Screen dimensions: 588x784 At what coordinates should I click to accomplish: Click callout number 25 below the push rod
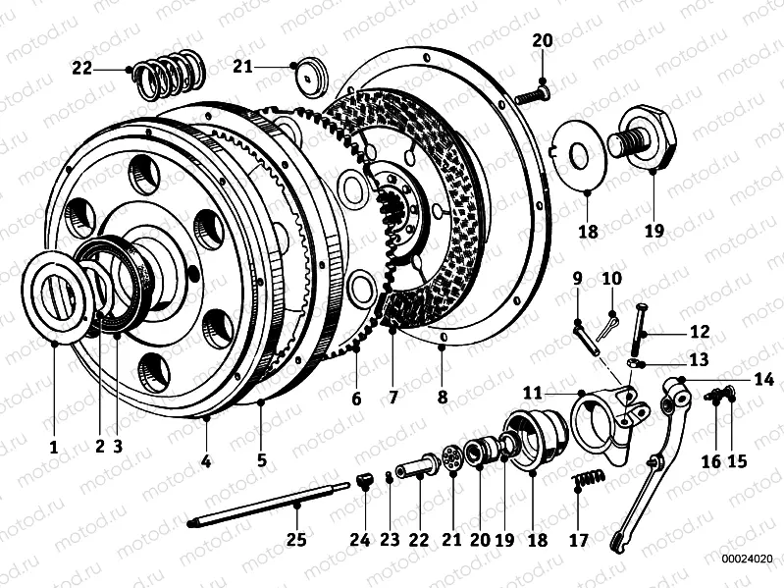pos(296,539)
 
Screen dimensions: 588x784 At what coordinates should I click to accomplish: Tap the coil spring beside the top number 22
pos(170,76)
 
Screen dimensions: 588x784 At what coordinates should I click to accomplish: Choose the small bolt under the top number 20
pos(529,95)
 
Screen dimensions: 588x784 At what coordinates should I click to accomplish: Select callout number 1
pos(54,446)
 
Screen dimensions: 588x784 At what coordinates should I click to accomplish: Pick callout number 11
pos(532,393)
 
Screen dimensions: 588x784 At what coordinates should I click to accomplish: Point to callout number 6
pos(356,400)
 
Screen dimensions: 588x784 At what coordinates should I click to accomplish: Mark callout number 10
pos(611,279)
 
